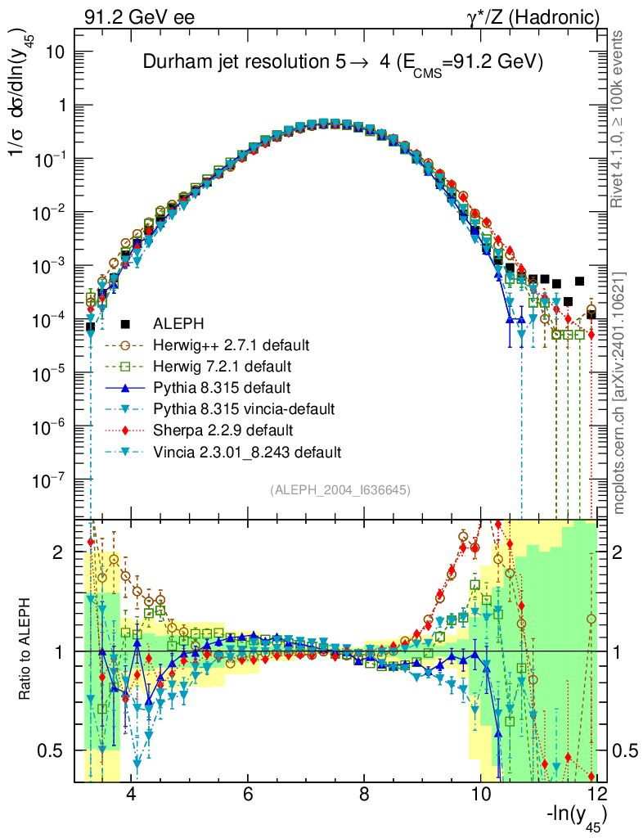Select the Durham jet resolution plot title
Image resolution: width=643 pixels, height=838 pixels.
[x=344, y=63]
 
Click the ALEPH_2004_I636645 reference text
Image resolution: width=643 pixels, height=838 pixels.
[x=339, y=489]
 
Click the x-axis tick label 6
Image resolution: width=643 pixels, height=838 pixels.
[x=247, y=794]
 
